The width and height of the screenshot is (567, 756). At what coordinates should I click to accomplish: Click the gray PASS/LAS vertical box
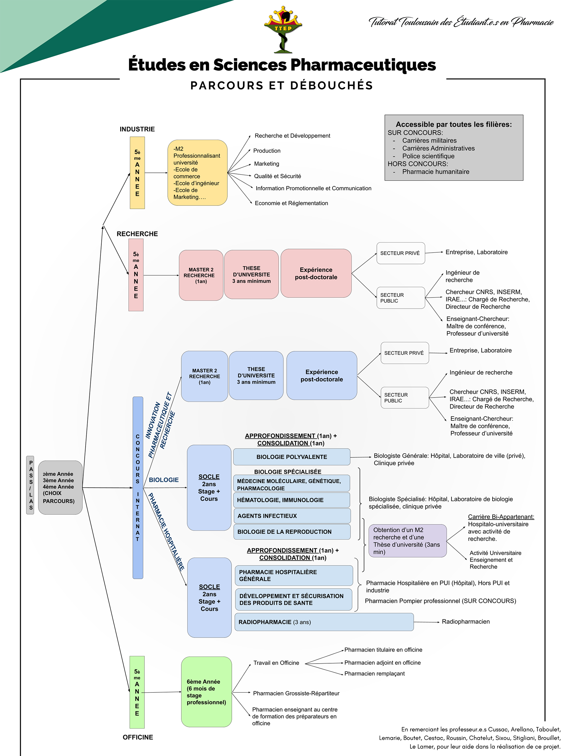tap(30, 485)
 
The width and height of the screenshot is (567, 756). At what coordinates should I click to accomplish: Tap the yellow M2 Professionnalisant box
tap(197, 172)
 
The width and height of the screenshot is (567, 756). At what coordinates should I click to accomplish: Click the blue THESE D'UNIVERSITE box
tap(256, 375)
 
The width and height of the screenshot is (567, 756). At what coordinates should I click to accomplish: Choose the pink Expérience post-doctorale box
tap(316, 273)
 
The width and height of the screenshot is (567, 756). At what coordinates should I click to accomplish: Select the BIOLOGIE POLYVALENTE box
tap(291, 457)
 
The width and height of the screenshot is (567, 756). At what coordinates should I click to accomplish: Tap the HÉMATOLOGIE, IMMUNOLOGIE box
tap(291, 500)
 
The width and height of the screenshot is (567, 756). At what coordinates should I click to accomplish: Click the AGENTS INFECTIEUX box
tap(292, 516)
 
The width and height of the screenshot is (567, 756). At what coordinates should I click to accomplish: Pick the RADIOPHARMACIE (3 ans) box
tap(324, 622)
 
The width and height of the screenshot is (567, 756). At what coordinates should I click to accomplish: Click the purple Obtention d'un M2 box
tap(407, 541)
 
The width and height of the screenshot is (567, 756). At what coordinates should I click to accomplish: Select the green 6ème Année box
tap(206, 692)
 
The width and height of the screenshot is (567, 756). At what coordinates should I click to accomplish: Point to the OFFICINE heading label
tap(138, 737)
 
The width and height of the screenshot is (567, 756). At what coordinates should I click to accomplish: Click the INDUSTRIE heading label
tap(137, 129)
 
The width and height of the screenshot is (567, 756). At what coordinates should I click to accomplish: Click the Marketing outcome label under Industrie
tap(266, 164)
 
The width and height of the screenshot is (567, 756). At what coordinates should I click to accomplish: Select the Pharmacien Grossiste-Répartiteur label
tap(296, 693)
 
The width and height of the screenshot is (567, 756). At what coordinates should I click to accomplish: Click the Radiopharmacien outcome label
tap(465, 621)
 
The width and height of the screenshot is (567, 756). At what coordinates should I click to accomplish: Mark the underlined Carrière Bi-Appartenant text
tap(501, 517)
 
